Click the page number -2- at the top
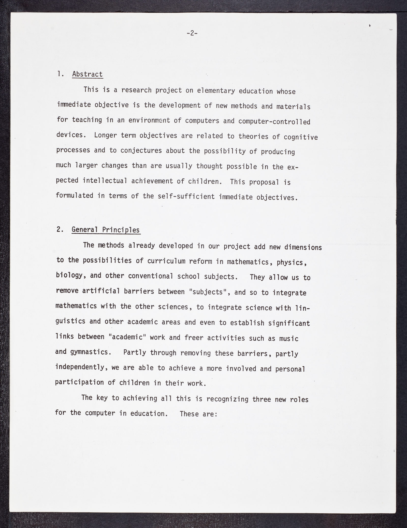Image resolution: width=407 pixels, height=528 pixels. [x=192, y=33]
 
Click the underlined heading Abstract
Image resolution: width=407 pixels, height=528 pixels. [x=87, y=74]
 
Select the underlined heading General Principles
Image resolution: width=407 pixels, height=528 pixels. [x=106, y=230]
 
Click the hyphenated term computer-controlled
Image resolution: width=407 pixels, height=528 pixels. [x=274, y=121]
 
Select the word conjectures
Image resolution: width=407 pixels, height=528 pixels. [x=141, y=150]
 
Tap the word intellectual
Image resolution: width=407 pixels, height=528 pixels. [x=105, y=180]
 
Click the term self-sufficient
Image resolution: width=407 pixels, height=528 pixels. [x=186, y=197]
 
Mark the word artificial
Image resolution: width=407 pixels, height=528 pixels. [x=101, y=291]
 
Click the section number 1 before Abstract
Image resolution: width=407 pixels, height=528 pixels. [x=60, y=74]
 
